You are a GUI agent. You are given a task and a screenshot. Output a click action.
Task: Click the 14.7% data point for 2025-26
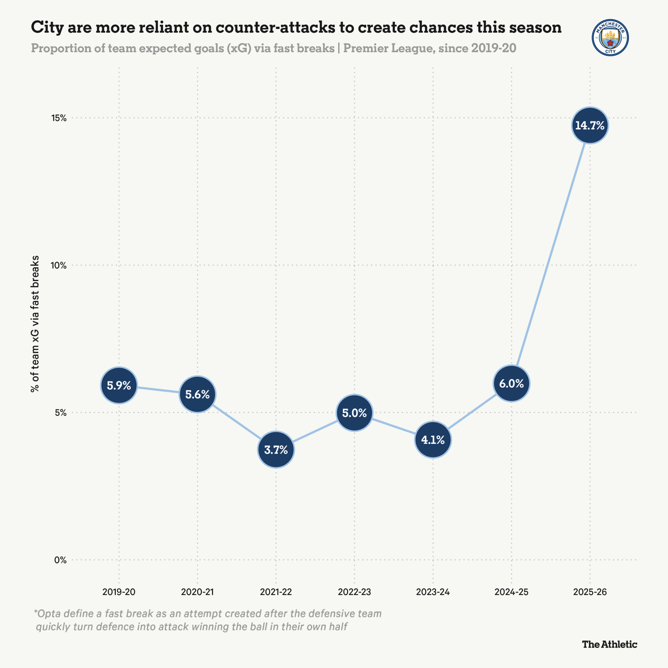pos(590,125)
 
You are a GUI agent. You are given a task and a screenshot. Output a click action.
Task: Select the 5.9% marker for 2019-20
pos(119,385)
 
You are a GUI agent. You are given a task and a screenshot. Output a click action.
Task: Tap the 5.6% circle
pos(198,395)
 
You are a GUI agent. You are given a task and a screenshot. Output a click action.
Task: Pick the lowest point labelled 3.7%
pos(276,450)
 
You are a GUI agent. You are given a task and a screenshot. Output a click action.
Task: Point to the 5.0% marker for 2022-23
pos(354,413)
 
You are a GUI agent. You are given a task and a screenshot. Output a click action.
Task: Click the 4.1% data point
pos(433,440)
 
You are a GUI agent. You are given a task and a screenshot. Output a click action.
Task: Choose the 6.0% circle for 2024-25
pos(511,383)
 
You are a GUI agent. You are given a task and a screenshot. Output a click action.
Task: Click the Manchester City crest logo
pos(610,37)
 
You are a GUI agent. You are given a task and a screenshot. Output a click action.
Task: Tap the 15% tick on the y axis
pos(59,118)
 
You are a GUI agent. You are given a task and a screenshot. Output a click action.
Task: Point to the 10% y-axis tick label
pos(59,265)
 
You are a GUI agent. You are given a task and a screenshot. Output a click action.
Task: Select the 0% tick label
pos(61,560)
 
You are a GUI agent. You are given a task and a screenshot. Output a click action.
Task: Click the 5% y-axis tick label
pos(61,413)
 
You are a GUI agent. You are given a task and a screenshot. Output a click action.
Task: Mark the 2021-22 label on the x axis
pos(276,592)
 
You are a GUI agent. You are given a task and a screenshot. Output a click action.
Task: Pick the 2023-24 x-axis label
pos(433,592)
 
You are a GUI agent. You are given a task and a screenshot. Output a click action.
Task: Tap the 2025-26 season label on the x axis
pos(590,592)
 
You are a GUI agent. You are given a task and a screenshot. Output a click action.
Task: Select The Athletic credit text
pos(609,644)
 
